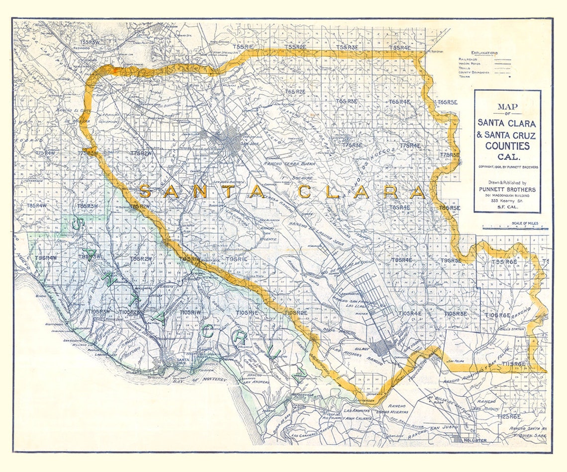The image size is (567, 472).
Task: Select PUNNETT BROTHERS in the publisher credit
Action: [507, 189]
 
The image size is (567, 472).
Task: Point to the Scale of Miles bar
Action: [515, 229]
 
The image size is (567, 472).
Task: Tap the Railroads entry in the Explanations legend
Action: [469, 59]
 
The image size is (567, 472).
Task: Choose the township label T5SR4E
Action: [400, 48]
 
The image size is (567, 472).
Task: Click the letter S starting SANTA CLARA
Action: [145, 191]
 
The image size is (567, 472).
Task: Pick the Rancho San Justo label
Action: [430, 429]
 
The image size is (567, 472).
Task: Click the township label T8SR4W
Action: [37, 206]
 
